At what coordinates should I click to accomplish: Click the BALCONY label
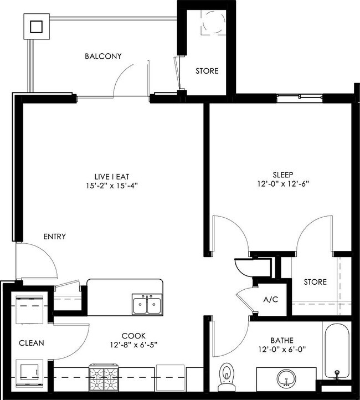103,57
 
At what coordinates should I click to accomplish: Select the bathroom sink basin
286,378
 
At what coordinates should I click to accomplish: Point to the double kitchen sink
147,305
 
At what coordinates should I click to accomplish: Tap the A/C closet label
270,300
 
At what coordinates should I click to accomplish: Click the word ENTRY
55,237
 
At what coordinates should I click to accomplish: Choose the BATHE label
282,340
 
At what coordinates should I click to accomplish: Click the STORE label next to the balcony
207,71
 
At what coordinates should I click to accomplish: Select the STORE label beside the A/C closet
315,282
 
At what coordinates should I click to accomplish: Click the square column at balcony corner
37,26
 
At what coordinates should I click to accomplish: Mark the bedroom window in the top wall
299,98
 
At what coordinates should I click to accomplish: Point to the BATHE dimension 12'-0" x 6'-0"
282,350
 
